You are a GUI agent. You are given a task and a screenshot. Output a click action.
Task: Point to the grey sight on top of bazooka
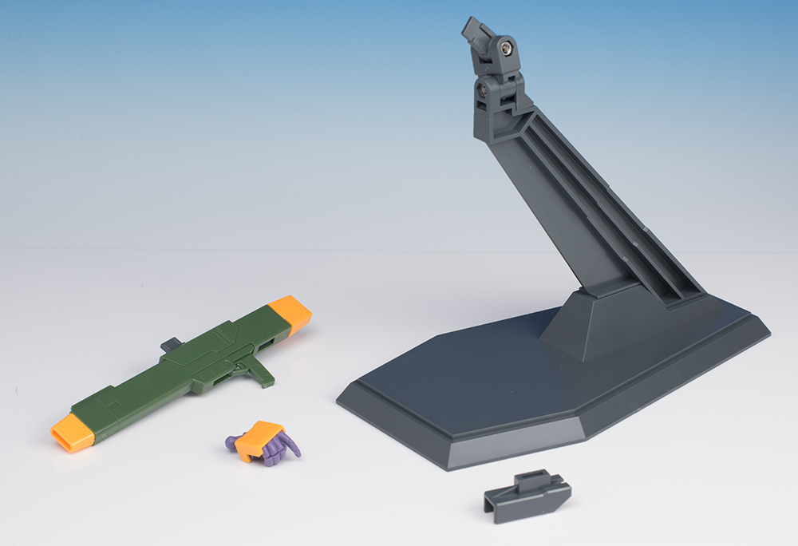(x=171, y=345)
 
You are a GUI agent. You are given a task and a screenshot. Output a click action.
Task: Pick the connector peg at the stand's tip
(x=474, y=34)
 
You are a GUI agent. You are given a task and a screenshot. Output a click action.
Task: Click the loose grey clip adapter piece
(x=527, y=496)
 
